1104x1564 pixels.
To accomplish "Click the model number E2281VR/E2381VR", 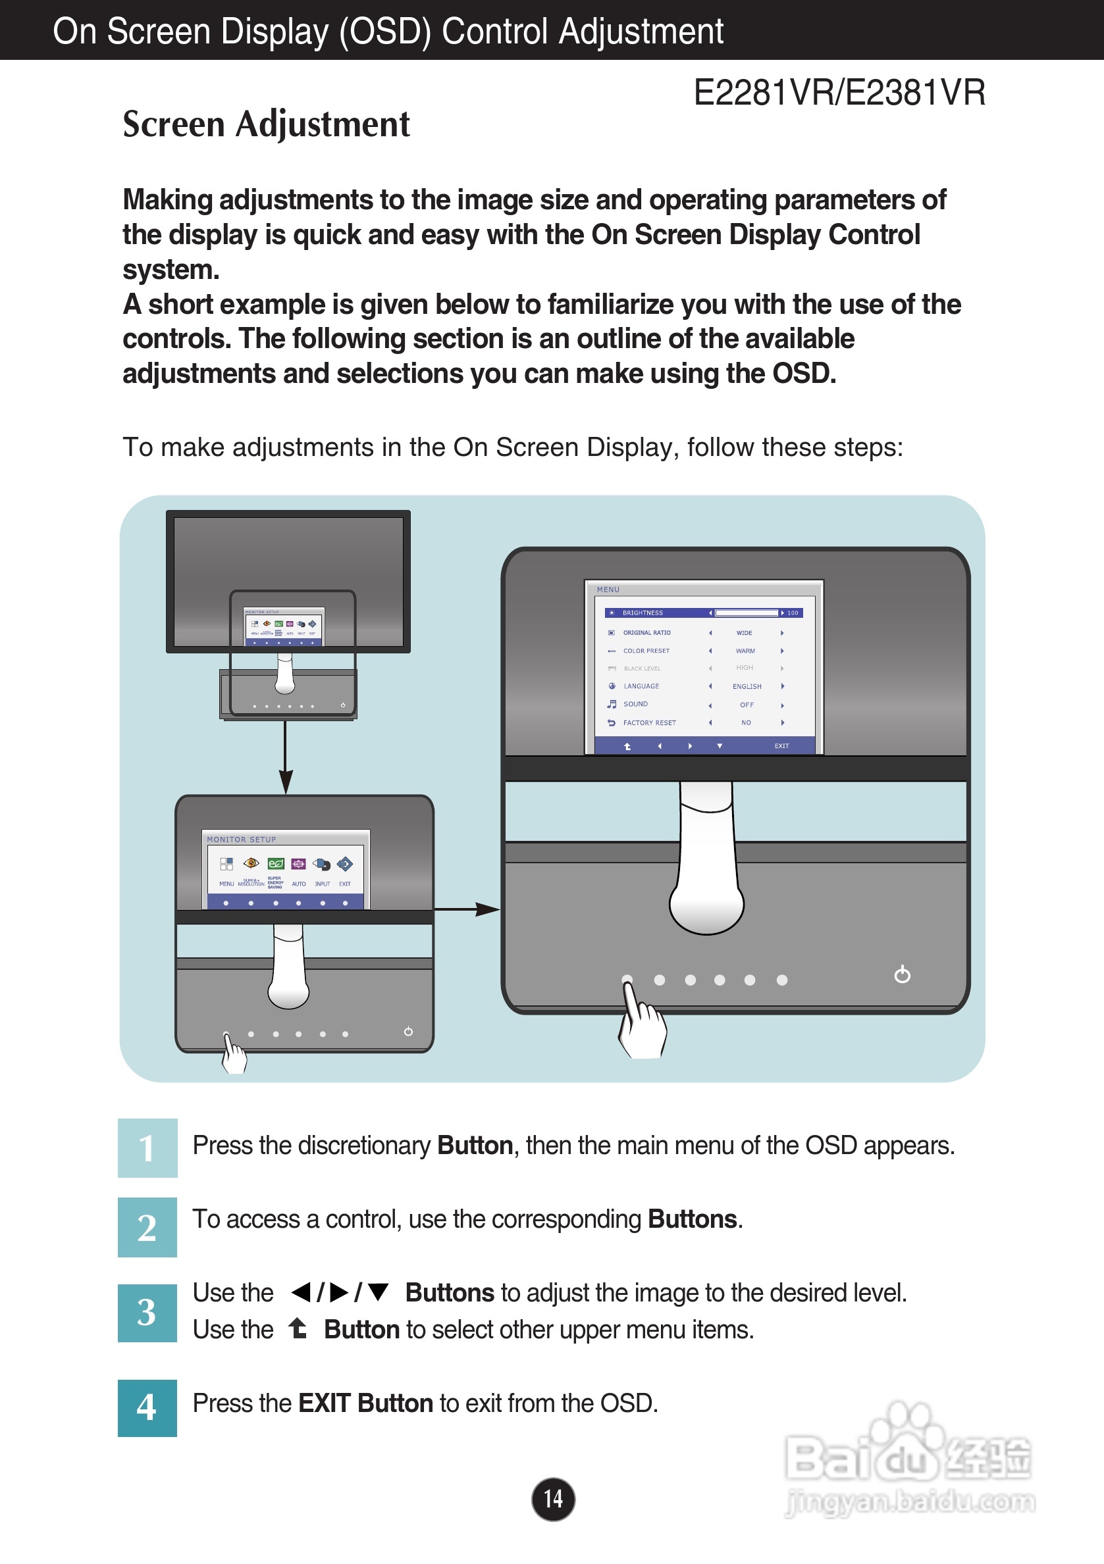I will [839, 93].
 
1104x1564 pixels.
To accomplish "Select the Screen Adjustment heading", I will [266, 124].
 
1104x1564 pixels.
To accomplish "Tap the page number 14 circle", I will [553, 1498].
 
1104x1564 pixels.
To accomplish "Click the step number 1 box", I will [147, 1148].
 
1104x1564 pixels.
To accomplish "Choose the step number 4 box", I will [147, 1407].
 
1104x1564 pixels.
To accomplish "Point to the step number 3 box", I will [147, 1313].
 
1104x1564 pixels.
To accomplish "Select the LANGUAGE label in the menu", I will [641, 687].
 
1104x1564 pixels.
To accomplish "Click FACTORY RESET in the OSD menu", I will [648, 722].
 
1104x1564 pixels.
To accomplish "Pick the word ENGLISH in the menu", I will [747, 687].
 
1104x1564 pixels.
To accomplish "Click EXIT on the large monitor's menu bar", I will [781, 746].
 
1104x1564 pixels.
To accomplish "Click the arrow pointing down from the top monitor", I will [286, 749].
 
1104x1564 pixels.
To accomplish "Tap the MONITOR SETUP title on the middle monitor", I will [241, 840].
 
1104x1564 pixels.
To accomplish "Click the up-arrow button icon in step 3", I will [297, 1328].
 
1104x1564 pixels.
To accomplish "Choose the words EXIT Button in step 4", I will [365, 1404].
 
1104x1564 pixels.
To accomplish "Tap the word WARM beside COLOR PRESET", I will [745, 651].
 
